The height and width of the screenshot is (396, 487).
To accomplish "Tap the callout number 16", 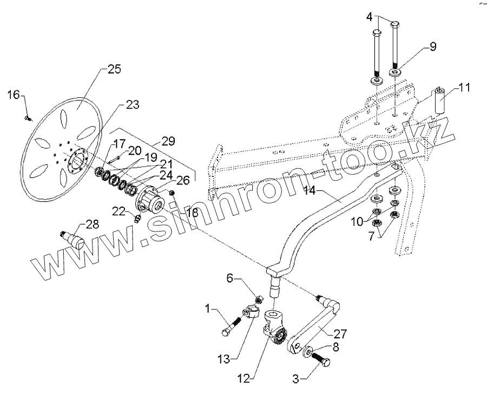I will pyautogui.click(x=14, y=95).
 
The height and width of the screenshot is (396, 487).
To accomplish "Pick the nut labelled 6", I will pyautogui.click(x=259, y=298).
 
